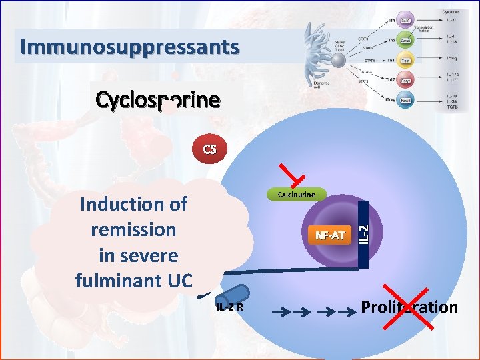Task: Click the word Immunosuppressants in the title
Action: point(129,47)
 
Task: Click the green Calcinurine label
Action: point(296,195)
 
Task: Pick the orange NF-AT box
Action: point(329,235)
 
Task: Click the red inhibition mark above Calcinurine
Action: point(294,175)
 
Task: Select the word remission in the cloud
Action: point(133,230)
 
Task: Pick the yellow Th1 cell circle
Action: point(405,61)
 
